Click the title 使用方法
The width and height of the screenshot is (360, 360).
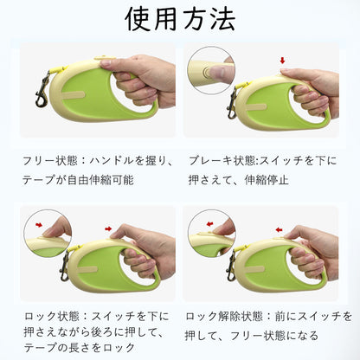180,19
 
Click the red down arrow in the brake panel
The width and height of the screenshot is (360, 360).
282,61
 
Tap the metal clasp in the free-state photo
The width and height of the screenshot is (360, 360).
43,89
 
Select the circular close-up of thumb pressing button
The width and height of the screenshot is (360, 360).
211,70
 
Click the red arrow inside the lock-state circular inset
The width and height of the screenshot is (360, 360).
39,225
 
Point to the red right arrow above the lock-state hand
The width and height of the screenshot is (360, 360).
108,228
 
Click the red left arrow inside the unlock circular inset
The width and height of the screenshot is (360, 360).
209,224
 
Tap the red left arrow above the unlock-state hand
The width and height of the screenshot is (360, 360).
279,229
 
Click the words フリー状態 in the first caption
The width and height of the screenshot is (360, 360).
50,161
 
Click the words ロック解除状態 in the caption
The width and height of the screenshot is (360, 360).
223,317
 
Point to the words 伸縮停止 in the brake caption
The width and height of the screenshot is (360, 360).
267,180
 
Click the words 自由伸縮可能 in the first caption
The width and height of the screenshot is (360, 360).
100,180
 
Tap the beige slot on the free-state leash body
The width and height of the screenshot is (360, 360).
74,94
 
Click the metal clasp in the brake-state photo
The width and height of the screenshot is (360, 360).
232,102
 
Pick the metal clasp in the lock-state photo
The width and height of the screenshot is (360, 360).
65,266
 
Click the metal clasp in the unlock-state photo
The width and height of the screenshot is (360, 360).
231,266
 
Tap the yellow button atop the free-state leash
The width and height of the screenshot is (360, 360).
101,58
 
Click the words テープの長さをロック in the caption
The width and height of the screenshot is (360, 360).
79,347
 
